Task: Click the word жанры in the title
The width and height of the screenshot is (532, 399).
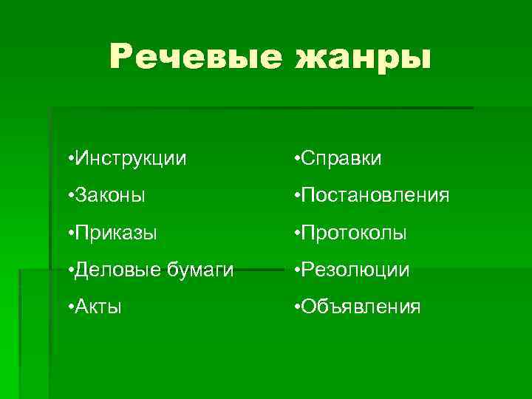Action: (362, 58)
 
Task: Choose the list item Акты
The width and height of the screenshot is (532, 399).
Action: (99, 307)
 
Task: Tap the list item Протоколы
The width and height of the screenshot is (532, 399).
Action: (354, 233)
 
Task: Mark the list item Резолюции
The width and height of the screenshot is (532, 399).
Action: (354, 270)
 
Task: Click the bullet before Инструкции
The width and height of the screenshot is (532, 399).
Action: (69, 159)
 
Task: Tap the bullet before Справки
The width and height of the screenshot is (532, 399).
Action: (296, 159)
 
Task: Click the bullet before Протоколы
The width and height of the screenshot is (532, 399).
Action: (296, 234)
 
